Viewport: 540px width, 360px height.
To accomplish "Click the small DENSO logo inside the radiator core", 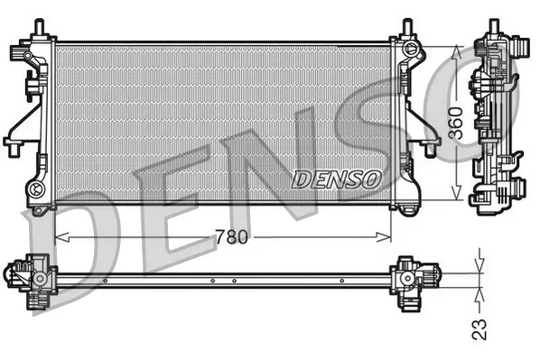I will point(336,180).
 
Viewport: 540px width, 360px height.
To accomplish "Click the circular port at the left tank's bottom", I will point(37,189).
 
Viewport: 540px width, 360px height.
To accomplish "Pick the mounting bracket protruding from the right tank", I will point(423,135).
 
